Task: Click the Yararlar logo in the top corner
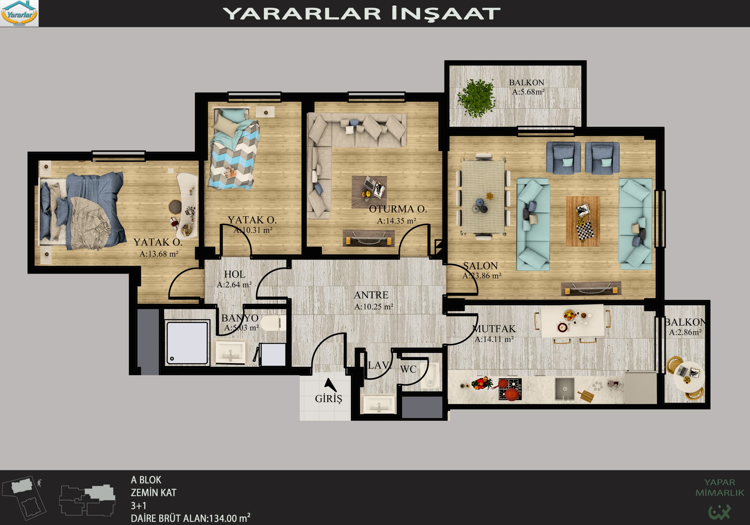coord(19,13)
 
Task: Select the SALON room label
coord(480,266)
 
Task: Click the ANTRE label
coord(371,295)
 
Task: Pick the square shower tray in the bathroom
coord(187,342)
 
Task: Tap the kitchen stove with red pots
coord(510,389)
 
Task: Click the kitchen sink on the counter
coord(565,389)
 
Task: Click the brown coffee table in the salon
coord(583,221)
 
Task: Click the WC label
coord(408,369)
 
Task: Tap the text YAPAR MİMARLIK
coord(719,487)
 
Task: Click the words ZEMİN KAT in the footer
coord(154,493)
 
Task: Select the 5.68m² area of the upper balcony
coord(528,92)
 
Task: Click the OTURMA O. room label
coord(398,209)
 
